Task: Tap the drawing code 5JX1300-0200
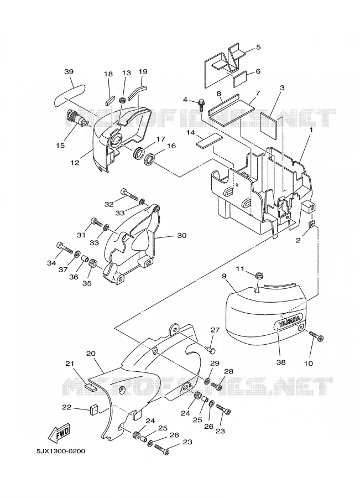pyautogui.click(x=61, y=451)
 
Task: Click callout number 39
pyautogui.click(x=69, y=71)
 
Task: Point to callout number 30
pyautogui.click(x=181, y=235)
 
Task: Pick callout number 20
pyautogui.click(x=91, y=354)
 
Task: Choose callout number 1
pyautogui.click(x=311, y=129)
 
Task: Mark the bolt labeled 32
pyautogui.click(x=129, y=194)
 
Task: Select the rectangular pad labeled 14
pyautogui.click(x=208, y=141)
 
